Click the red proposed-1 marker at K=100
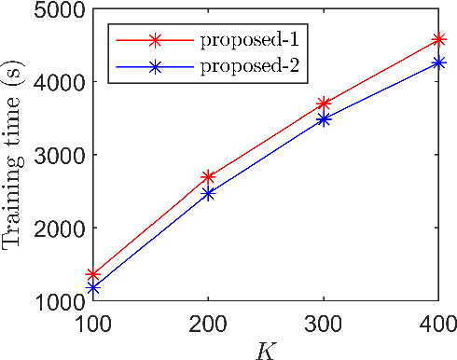pyautogui.click(x=93, y=275)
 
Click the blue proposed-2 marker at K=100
pyautogui.click(x=93, y=288)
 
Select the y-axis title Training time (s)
pyautogui.click(x=13, y=155)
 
